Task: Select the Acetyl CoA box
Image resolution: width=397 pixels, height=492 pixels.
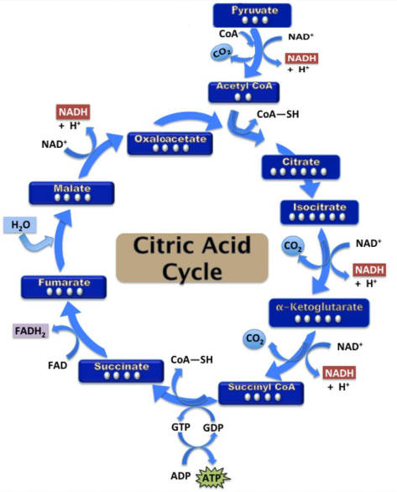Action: (243, 91)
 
